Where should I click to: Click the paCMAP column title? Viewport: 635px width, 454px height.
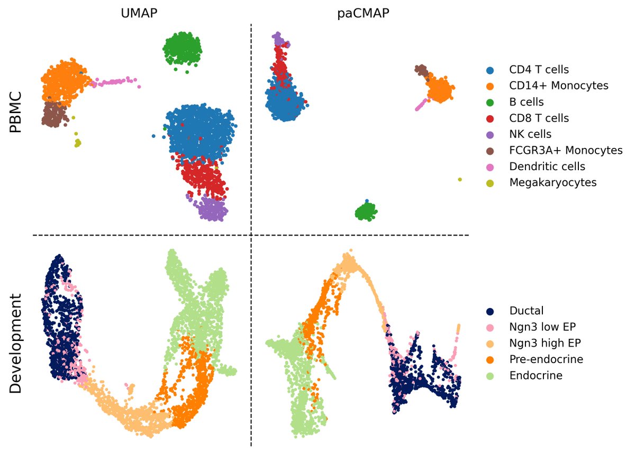[x=363, y=13]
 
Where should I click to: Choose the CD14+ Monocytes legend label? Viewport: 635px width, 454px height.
[x=558, y=85]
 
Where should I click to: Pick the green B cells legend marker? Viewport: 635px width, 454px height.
[x=491, y=101]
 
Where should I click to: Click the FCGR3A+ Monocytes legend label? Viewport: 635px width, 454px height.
[x=565, y=151]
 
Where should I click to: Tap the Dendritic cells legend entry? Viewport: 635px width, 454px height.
[x=547, y=166]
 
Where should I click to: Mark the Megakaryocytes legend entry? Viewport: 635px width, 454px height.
[x=552, y=183]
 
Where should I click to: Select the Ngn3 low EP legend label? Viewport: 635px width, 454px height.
[x=541, y=327]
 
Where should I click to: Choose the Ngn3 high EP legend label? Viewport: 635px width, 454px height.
[x=542, y=343]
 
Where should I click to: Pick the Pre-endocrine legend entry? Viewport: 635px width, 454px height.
[x=546, y=359]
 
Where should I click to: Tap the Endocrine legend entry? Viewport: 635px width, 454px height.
[x=536, y=376]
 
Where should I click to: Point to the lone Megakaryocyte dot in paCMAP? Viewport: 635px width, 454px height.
[x=460, y=180]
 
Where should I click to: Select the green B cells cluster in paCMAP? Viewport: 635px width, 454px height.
[x=366, y=211]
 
